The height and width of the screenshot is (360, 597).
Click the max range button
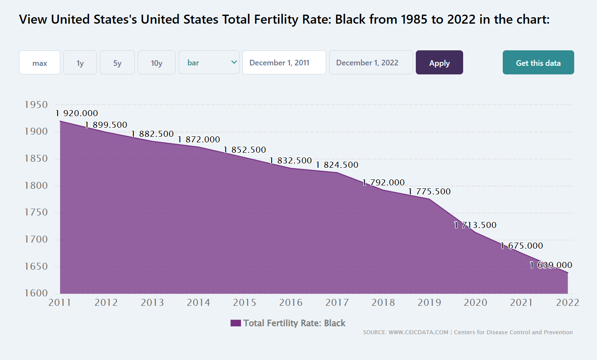pyautogui.click(x=40, y=62)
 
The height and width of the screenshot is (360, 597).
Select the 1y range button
pyautogui.click(x=80, y=62)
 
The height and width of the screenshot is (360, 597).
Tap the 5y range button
pyautogui.click(x=117, y=62)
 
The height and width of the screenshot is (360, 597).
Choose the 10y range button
pyautogui.click(x=156, y=62)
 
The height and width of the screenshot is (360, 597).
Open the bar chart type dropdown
pyautogui.click(x=209, y=62)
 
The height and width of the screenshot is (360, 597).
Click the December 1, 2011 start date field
pyautogui.click(x=284, y=62)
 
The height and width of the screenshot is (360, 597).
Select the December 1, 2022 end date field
pyautogui.click(x=371, y=62)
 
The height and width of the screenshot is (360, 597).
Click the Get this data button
pyautogui.click(x=538, y=62)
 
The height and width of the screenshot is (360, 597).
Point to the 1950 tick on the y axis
pyautogui.click(x=36, y=105)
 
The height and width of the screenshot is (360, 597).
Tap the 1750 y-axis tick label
pyautogui.click(x=36, y=212)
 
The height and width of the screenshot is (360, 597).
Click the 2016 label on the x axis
pyautogui.click(x=291, y=302)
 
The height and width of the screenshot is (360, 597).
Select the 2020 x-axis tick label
pyautogui.click(x=476, y=302)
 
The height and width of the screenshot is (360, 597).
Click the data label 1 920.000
pyautogui.click(x=77, y=113)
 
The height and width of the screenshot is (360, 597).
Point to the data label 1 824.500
pyautogui.click(x=337, y=165)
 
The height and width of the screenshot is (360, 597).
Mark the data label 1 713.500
pyautogui.click(x=475, y=225)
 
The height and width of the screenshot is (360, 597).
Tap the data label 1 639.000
pyautogui.click(x=551, y=265)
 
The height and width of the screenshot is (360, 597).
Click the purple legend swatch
pyautogui.click(x=235, y=323)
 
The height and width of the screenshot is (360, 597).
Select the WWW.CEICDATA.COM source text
pyautogui.click(x=418, y=332)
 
